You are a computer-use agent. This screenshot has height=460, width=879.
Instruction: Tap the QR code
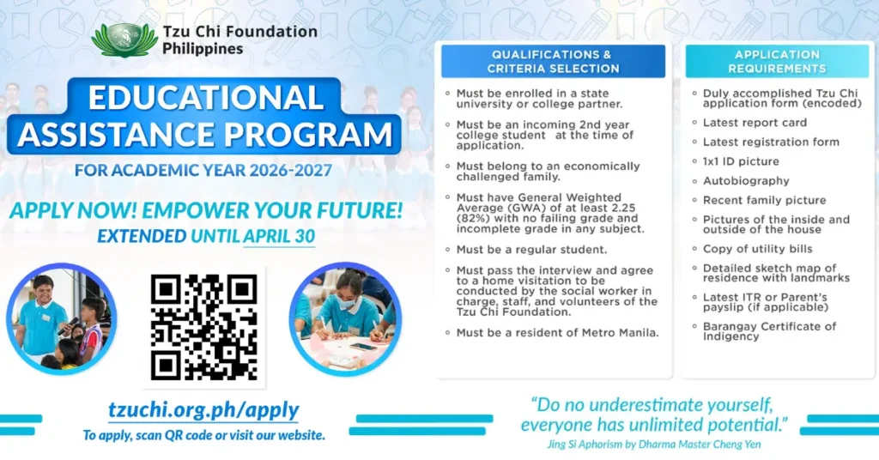tap(203, 326)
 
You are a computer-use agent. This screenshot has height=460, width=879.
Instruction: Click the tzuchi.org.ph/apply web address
tap(203, 409)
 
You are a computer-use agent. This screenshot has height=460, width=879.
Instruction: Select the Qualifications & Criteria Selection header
tap(553, 61)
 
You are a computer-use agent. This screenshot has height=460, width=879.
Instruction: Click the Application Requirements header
tap(777, 61)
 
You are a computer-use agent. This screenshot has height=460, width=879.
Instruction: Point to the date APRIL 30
tap(279, 234)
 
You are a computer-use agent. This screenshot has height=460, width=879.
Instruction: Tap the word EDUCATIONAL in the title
tap(205, 97)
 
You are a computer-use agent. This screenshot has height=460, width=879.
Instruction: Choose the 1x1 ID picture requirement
tap(741, 160)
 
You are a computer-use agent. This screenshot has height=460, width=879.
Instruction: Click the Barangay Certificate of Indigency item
tap(769, 331)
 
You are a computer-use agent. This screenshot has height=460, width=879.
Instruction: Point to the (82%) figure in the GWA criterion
tap(473, 218)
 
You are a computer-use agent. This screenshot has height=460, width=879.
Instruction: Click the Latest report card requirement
tap(755, 122)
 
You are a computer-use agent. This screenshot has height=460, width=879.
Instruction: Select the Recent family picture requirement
tap(764, 200)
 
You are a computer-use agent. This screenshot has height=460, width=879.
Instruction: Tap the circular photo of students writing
tap(345, 319)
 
